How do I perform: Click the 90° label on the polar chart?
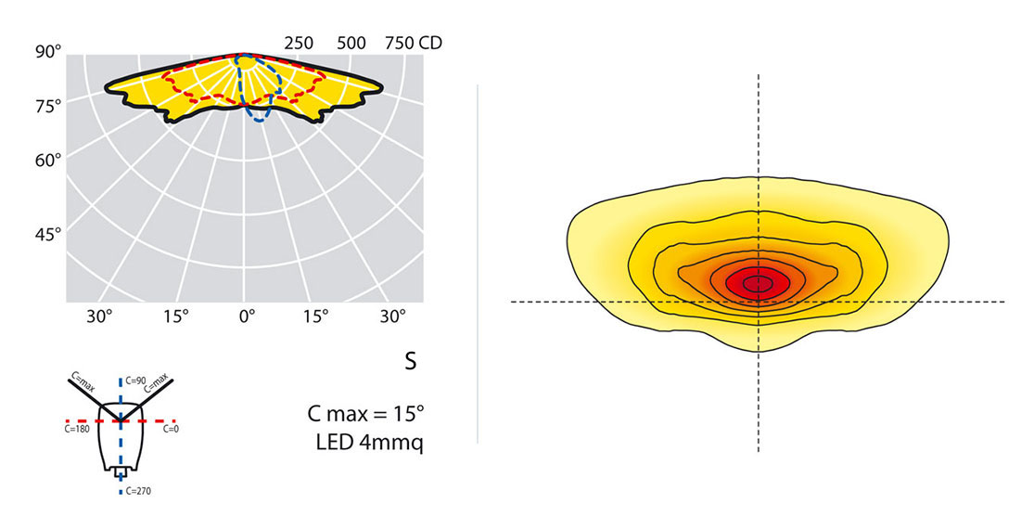click(47, 52)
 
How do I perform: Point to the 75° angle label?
click(47, 106)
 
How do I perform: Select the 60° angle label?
click(47, 160)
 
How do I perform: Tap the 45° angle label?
click(47, 234)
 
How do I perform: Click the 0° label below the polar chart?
click(247, 316)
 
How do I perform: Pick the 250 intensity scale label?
click(298, 43)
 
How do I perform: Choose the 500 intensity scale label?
click(351, 43)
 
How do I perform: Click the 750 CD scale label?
click(413, 43)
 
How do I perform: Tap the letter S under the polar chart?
click(410, 362)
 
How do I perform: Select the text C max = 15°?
click(365, 412)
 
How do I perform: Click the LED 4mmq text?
click(369, 443)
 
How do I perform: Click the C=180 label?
click(78, 430)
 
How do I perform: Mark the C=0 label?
click(171, 430)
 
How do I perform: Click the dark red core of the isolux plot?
click(759, 282)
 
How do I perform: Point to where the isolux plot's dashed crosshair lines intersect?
click(759, 302)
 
